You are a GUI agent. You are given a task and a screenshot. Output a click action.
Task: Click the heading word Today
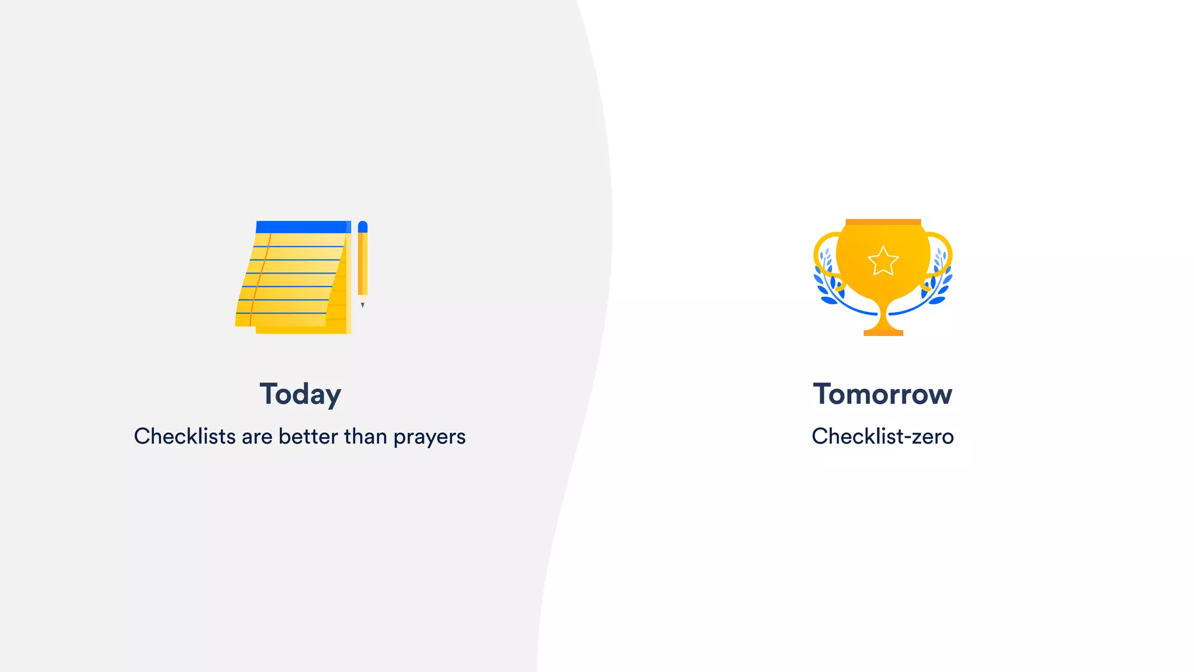click(x=300, y=394)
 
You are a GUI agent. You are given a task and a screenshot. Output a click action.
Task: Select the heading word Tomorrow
click(x=883, y=394)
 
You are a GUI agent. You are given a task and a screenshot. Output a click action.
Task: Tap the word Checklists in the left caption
click(x=185, y=436)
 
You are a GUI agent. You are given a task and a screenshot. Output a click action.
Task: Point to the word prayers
click(x=429, y=437)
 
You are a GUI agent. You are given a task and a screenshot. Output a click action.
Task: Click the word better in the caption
click(x=308, y=436)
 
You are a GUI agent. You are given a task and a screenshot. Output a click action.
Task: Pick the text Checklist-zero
click(x=883, y=436)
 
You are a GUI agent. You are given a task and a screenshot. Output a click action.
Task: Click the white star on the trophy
click(x=883, y=261)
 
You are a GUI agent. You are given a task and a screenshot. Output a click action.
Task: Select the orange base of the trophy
click(x=883, y=332)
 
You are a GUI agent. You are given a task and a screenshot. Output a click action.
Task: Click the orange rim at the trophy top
click(x=883, y=222)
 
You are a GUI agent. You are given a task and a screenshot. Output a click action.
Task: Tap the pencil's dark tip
click(x=363, y=304)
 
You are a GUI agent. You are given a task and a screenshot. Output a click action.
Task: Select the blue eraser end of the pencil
click(x=363, y=226)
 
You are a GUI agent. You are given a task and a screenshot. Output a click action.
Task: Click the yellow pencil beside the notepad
click(x=363, y=262)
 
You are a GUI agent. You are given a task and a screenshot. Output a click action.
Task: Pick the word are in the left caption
click(x=257, y=437)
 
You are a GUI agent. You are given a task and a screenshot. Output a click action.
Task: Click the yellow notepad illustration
click(x=292, y=280)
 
